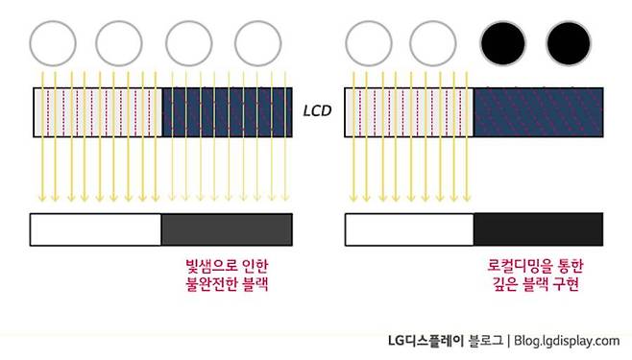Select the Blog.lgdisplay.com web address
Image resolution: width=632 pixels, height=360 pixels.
(568, 340)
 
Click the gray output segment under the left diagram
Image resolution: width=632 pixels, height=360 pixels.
(227, 228)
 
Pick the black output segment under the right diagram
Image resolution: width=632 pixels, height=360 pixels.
(539, 228)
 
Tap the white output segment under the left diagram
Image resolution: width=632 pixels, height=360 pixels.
(96, 228)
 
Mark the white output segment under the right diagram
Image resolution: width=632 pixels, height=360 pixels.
(409, 228)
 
